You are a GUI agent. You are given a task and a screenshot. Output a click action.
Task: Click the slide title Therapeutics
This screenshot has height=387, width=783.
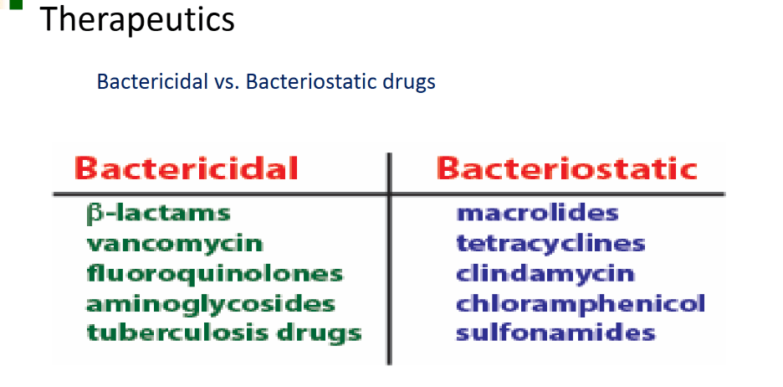click(136, 19)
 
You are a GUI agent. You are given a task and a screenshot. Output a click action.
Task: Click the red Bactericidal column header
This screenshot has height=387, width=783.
click(187, 168)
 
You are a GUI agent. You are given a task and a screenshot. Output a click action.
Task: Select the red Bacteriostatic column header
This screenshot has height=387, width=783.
click(567, 168)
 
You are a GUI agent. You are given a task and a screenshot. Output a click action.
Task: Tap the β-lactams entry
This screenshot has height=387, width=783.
click(158, 214)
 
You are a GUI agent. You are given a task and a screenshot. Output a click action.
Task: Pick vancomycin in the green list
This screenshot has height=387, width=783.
click(175, 244)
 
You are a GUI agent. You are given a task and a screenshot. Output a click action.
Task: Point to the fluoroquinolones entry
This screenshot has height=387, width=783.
click(215, 274)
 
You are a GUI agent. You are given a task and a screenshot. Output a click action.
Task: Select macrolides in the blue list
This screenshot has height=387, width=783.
click(537, 213)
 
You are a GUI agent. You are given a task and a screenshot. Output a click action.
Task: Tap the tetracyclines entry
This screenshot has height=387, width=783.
click(550, 244)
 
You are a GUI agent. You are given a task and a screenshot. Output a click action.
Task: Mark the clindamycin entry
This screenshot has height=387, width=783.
click(545, 274)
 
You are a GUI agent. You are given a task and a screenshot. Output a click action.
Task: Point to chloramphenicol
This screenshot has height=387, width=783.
click(581, 303)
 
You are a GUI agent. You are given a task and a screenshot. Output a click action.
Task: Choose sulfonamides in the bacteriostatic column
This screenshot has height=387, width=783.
click(555, 333)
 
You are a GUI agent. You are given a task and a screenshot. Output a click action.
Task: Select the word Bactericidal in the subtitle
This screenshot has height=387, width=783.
click(152, 81)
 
